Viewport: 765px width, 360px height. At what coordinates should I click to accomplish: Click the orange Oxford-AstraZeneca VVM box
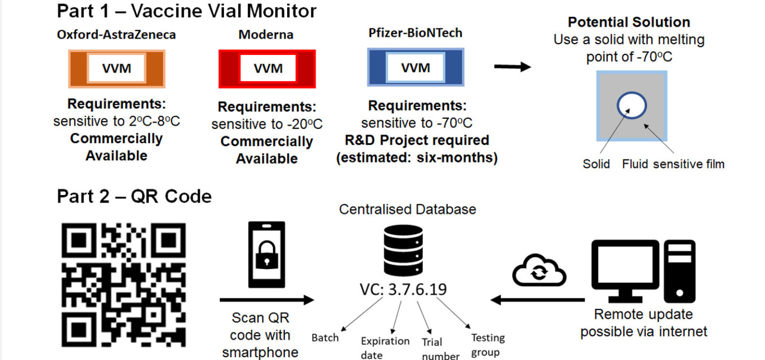[117, 69]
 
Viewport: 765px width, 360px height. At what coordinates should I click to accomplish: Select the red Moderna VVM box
[267, 69]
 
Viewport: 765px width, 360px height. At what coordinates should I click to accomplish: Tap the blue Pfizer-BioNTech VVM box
[415, 68]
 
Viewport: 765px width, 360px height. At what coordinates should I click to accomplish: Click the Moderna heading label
[266, 35]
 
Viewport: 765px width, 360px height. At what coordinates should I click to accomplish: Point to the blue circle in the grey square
[631, 105]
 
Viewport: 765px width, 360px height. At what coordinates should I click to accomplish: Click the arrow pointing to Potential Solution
[512, 66]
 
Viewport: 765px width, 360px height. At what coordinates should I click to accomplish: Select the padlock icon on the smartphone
[267, 255]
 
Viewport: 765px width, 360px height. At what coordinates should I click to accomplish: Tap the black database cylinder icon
[403, 250]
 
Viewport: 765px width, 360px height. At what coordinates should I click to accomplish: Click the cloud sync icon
[539, 271]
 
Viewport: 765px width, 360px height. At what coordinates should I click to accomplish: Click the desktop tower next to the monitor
[679, 271]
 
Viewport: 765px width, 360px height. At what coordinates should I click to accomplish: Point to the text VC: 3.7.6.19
[403, 290]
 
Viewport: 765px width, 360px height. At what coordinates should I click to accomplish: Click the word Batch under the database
[325, 338]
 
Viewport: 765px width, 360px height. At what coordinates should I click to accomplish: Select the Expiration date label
[385, 348]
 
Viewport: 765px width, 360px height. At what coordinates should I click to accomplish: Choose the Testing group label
[488, 345]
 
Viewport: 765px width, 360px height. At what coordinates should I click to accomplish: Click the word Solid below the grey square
[596, 164]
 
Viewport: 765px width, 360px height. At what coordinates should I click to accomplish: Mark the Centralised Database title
[407, 209]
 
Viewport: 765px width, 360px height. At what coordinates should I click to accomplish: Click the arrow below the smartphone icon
[267, 300]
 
